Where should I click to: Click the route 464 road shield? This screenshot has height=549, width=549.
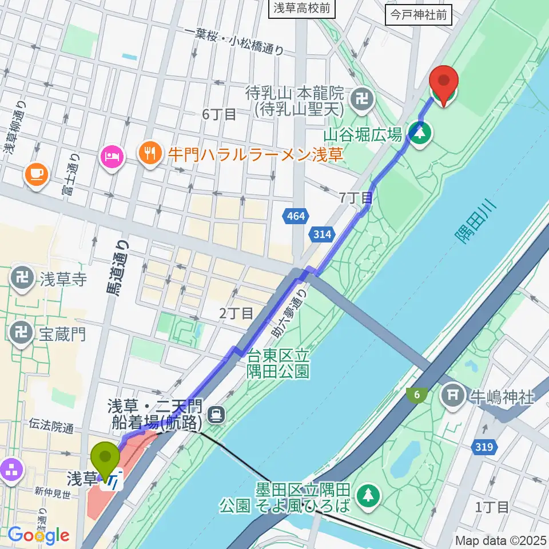pyautogui.click(x=296, y=216)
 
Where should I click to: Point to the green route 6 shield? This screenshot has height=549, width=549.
pyautogui.click(x=416, y=394)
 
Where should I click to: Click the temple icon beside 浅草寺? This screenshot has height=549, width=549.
pyautogui.click(x=22, y=279)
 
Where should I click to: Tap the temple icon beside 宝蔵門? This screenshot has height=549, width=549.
pyautogui.click(x=22, y=333)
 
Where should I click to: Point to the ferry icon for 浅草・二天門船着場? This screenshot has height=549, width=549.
pyautogui.click(x=216, y=413)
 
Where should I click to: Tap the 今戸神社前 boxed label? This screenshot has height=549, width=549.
pyautogui.click(x=419, y=15)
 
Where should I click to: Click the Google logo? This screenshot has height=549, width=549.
pyautogui.click(x=38, y=536)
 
